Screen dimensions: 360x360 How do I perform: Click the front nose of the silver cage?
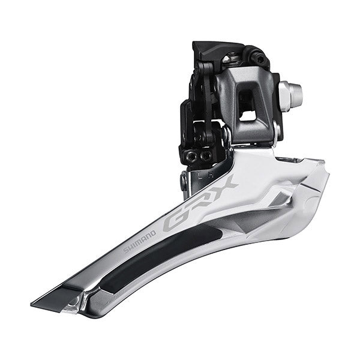(x=324, y=174)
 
